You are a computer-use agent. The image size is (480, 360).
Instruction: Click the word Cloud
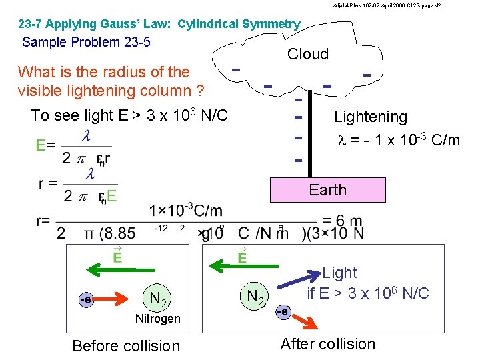tap(308, 54)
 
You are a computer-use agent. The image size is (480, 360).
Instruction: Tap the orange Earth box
tap(327, 190)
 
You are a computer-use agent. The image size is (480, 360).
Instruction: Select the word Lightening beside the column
tap(371, 117)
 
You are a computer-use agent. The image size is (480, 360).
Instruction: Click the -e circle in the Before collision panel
tap(85, 300)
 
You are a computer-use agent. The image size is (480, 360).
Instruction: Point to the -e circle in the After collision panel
tap(283, 311)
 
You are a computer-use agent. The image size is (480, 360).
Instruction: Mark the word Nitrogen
tap(157, 319)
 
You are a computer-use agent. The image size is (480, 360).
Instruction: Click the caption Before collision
tap(126, 345)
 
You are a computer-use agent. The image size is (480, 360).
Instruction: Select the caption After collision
tap(328, 344)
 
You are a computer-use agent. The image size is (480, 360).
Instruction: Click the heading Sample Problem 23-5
tap(87, 43)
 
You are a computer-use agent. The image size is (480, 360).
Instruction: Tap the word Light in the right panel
tap(340, 273)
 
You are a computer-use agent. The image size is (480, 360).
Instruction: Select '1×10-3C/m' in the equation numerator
tap(186, 211)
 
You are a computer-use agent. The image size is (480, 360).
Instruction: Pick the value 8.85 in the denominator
tap(120, 233)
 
